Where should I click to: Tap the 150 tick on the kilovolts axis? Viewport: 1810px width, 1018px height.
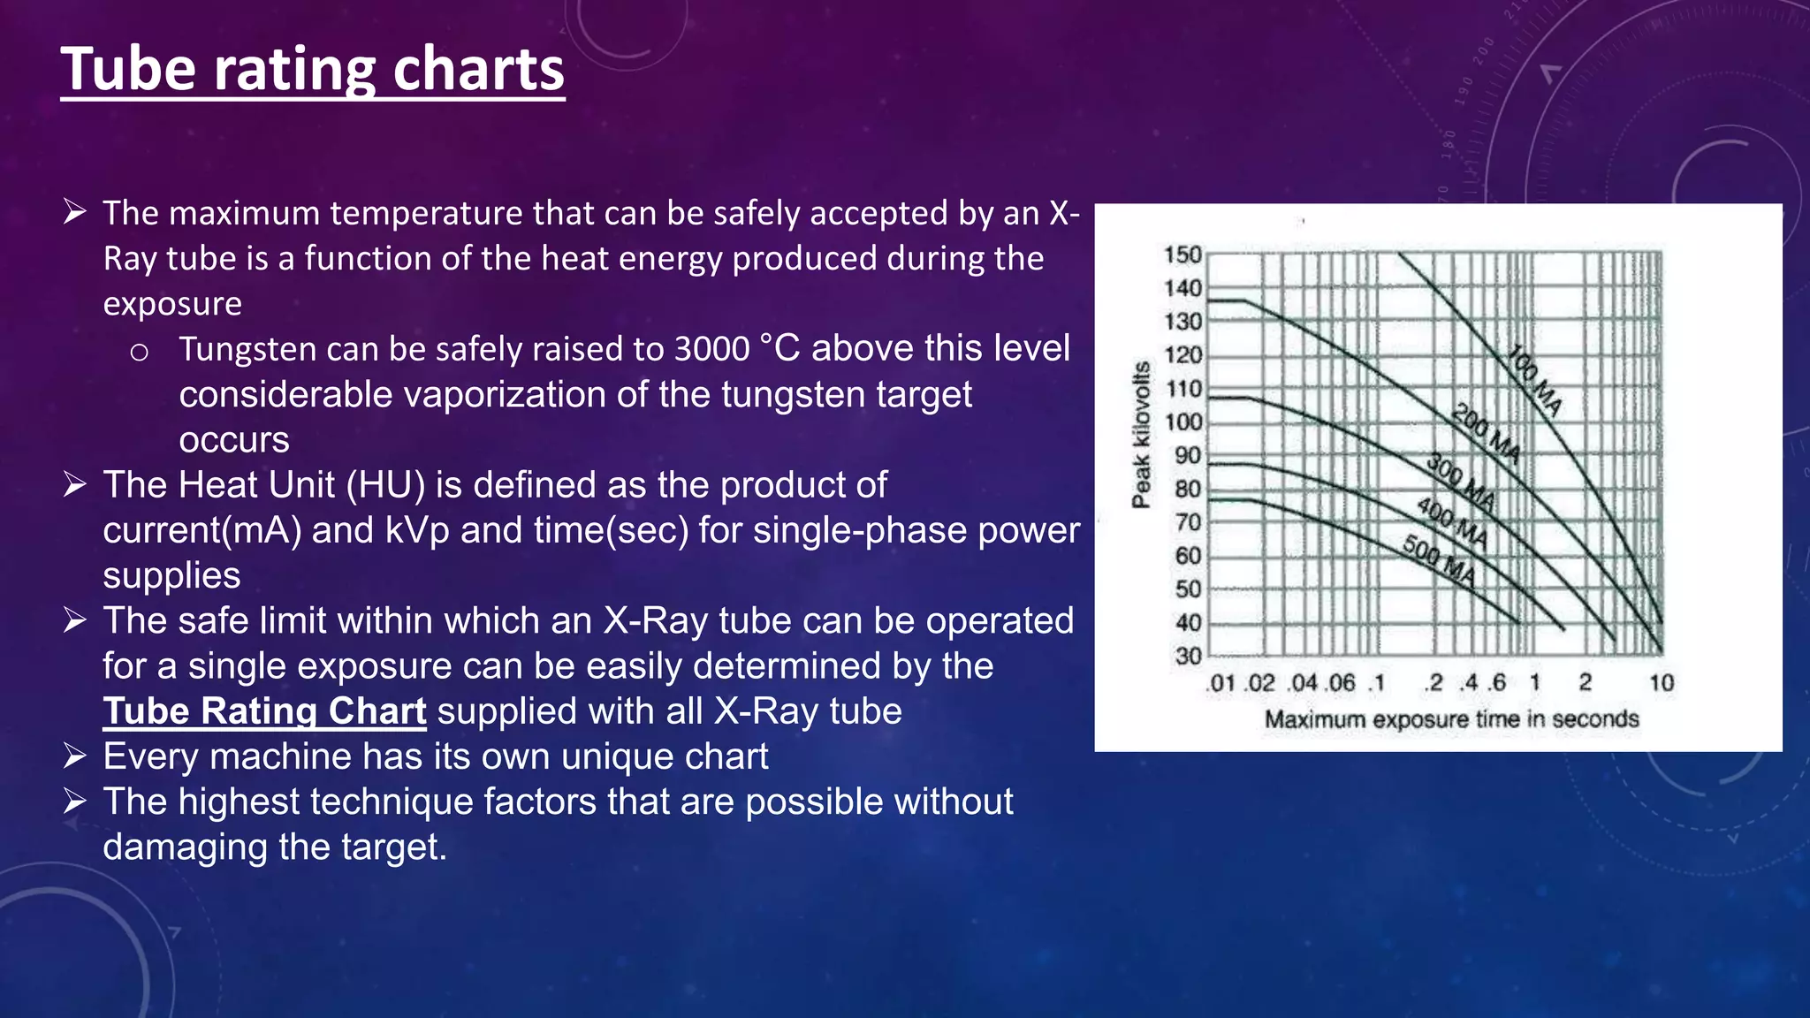[x=1183, y=254]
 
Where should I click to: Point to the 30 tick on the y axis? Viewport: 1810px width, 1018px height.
[x=1188, y=657]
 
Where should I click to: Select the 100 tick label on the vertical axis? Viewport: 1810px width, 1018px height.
[x=1183, y=422]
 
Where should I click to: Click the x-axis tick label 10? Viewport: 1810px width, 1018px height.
[x=1662, y=683]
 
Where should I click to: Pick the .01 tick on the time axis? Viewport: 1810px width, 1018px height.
[x=1221, y=683]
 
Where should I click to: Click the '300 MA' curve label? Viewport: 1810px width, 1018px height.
[x=1461, y=482]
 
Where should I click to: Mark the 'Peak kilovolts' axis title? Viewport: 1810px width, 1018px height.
[x=1141, y=435]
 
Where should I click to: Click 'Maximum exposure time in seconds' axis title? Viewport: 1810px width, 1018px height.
[x=1451, y=719]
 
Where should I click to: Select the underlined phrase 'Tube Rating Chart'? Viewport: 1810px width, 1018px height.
[x=264, y=711]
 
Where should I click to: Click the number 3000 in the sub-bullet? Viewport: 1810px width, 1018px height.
[x=711, y=349]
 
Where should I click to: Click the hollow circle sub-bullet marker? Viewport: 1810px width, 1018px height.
[x=139, y=353]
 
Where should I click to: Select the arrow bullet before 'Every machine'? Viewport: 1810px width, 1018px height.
[x=74, y=756]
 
